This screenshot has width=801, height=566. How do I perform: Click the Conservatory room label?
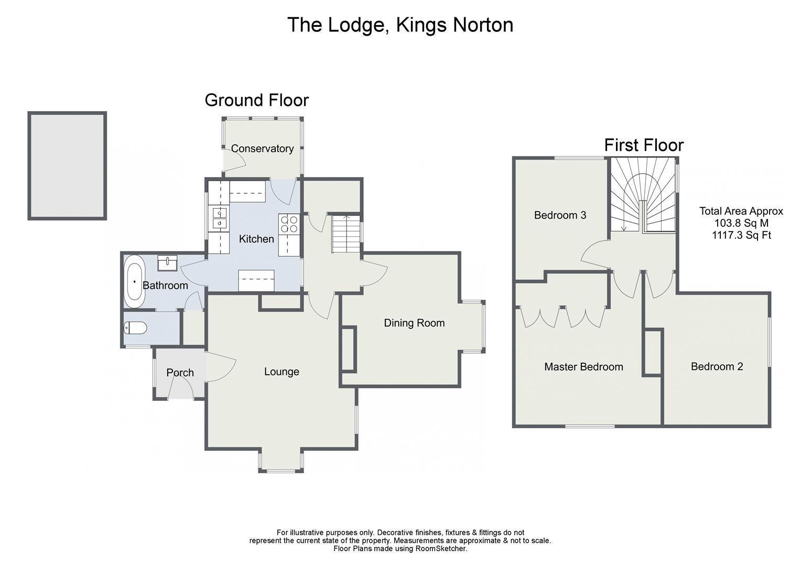click(262, 148)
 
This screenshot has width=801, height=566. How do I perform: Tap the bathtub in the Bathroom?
click(134, 281)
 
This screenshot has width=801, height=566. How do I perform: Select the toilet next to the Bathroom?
click(135, 328)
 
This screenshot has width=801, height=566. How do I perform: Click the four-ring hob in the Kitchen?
click(289, 224)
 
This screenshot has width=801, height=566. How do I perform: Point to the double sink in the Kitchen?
click(219, 218)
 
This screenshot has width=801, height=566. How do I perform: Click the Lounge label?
click(282, 372)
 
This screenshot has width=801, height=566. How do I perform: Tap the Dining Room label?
click(414, 323)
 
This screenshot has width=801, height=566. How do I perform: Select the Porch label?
click(180, 373)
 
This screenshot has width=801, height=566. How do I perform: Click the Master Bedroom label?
click(583, 366)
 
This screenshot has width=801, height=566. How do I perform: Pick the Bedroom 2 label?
click(717, 366)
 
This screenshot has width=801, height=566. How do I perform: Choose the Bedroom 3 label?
click(560, 215)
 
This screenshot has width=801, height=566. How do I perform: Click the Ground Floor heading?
click(256, 100)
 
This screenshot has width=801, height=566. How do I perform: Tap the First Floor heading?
click(644, 145)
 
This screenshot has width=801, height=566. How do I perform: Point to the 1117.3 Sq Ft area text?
click(741, 235)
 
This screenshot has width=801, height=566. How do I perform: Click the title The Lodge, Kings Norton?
click(400, 25)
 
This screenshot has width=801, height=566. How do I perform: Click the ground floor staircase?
click(346, 234)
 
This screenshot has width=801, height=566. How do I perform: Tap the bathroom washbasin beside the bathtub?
click(167, 263)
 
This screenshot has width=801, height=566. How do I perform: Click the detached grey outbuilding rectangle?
click(67, 166)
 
